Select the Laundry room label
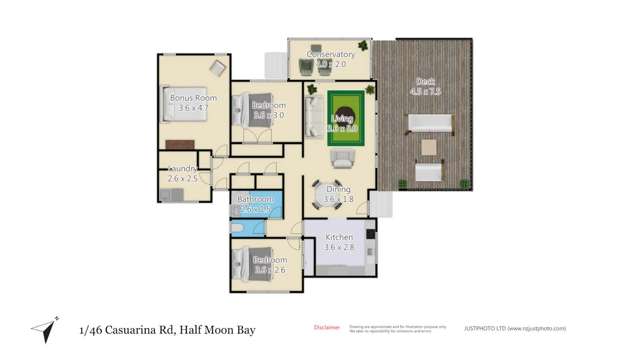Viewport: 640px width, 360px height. tap(182, 168)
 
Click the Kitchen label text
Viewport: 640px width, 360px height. tap(340, 237)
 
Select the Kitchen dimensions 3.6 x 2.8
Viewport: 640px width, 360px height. tap(340, 247)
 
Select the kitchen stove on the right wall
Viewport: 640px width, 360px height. tap(371, 243)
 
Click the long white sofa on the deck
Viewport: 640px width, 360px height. tap(430, 125)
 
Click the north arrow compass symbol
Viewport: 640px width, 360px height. tap(41, 328)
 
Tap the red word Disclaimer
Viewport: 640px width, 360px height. tap(326, 326)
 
